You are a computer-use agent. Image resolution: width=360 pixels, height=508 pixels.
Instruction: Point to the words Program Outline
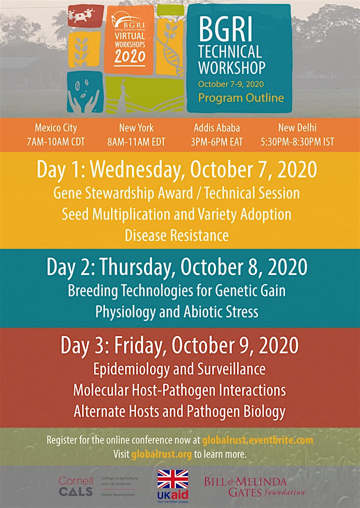coord(241,98)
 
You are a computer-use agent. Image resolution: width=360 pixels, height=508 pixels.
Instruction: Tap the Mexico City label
coord(55,127)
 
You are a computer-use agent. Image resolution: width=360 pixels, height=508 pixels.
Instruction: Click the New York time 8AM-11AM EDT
coord(136,142)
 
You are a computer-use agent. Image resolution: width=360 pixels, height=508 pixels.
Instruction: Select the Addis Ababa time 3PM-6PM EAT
coord(216,142)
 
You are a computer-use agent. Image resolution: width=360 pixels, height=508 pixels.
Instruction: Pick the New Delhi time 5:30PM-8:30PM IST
coord(297,142)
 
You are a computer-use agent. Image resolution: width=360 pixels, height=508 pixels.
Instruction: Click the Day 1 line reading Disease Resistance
coord(176,235)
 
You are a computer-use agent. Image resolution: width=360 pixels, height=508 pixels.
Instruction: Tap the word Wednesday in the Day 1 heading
coord(135,170)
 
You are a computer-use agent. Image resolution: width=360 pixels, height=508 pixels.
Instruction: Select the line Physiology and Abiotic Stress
coord(176,311)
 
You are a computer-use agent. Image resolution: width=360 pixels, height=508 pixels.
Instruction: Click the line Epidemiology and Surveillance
coord(179,369)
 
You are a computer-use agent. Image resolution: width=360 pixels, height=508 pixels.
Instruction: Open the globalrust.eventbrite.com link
coord(257,440)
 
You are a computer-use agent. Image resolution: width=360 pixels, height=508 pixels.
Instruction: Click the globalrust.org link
coord(161,454)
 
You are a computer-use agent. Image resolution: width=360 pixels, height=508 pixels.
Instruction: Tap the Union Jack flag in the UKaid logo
coord(172,479)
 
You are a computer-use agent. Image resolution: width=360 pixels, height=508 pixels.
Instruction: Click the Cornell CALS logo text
coord(76,486)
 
